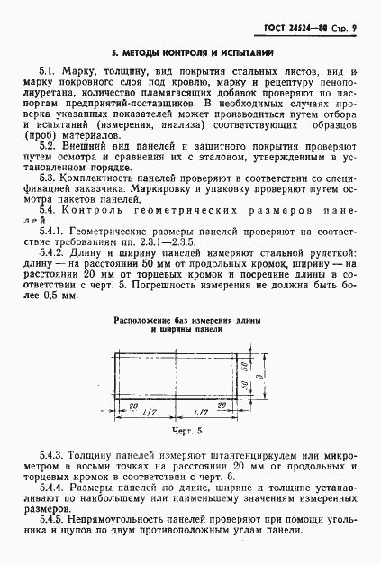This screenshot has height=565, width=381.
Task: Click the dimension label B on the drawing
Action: (x=261, y=379)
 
